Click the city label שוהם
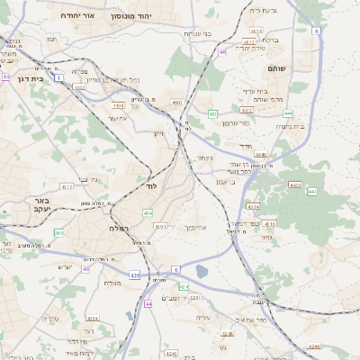[275, 67]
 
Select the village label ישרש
[65, 266]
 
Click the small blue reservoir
[202, 271]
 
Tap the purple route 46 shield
[222, 52]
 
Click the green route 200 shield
[58, 232]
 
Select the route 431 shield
[134, 274]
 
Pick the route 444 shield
[287, 112]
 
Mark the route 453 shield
[212, 114]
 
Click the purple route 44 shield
[148, 303]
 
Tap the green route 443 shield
[312, 191]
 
